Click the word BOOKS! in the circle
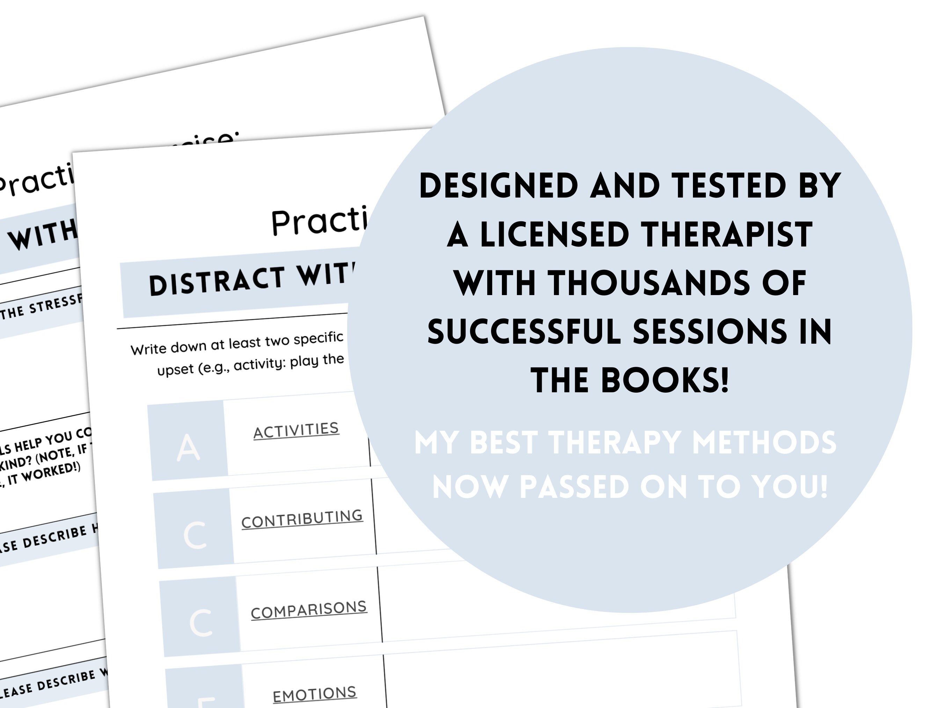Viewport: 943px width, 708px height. click(x=665, y=380)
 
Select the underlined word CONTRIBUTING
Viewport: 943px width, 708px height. click(x=302, y=519)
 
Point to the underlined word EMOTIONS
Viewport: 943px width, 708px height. click(x=315, y=694)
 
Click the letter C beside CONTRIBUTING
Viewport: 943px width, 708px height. click(x=195, y=535)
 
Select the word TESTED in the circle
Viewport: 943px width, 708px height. click(x=729, y=186)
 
